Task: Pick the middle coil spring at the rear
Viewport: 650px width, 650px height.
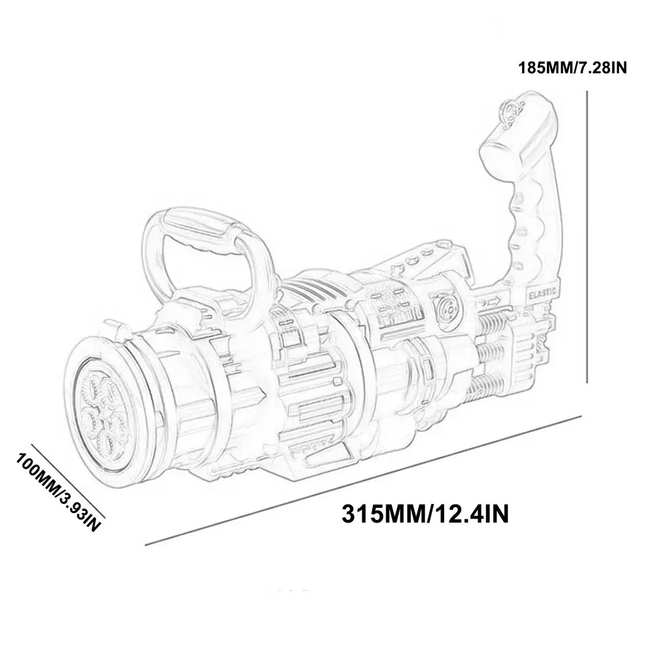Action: (x=494, y=351)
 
